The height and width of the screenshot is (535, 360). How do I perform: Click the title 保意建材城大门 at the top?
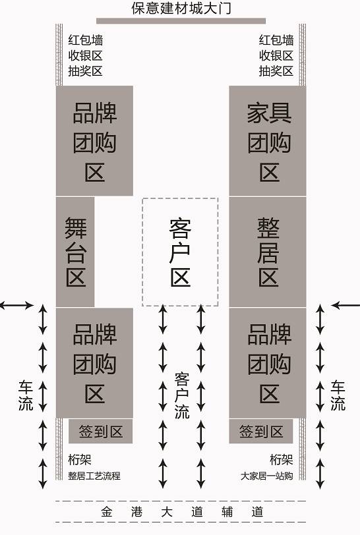pyautogui.click(x=181, y=8)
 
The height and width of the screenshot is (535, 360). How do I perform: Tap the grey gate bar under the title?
pyautogui.click(x=181, y=21)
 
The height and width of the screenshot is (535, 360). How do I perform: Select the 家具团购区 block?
pyautogui.click(x=268, y=141)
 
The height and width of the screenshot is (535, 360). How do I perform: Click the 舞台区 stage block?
pyautogui.click(x=75, y=252)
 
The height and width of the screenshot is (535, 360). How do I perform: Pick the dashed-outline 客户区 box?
pyautogui.click(x=181, y=252)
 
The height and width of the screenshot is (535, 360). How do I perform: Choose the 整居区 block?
pyautogui.click(x=268, y=252)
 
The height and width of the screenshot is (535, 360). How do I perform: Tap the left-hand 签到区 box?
pyautogui.click(x=100, y=432)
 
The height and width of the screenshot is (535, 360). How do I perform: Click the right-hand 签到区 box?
pyautogui.click(x=261, y=432)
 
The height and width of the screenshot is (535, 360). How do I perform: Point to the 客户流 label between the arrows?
pyautogui.click(x=182, y=396)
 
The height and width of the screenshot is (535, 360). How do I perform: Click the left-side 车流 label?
pyautogui.click(x=26, y=395)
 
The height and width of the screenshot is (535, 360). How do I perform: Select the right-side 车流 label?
pyautogui.click(x=338, y=395)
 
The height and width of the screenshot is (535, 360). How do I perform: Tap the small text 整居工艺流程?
pyautogui.click(x=94, y=476)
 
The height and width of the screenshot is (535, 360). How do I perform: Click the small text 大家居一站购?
pyautogui.click(x=267, y=476)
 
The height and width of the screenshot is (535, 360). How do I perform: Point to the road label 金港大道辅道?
pyautogui.click(x=182, y=512)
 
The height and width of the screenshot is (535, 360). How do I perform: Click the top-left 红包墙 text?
pyautogui.click(x=86, y=40)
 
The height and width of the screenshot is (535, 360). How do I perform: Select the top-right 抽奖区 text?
pyautogui.click(x=276, y=71)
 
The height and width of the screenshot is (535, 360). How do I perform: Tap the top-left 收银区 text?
pyautogui.click(x=86, y=55)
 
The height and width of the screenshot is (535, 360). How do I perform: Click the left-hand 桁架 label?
pyautogui.click(x=80, y=460)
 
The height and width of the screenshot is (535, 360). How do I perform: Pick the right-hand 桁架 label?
pyautogui.click(x=282, y=460)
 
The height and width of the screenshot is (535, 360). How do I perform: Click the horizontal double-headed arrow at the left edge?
pyautogui.click(x=16, y=305)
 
